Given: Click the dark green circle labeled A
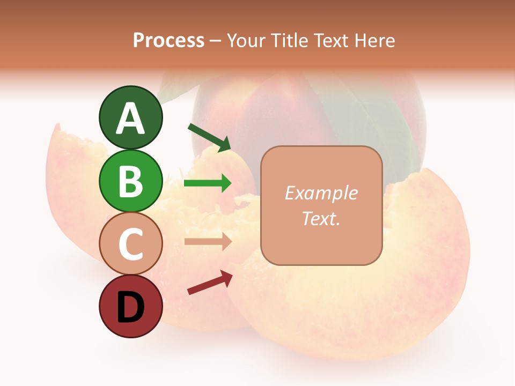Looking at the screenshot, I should pyautogui.click(x=130, y=118).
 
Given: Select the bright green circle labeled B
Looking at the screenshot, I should pyautogui.click(x=130, y=181).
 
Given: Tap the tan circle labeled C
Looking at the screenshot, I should pyautogui.click(x=130, y=243).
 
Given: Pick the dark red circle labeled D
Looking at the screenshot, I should pyautogui.click(x=130, y=306).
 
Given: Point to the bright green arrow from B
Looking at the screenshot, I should pyautogui.click(x=208, y=183).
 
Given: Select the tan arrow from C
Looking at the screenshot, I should pyautogui.click(x=208, y=242).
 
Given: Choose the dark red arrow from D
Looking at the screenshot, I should pyautogui.click(x=210, y=283).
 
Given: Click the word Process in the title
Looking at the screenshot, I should pyautogui.click(x=168, y=40).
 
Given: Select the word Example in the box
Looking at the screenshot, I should pyautogui.click(x=321, y=193).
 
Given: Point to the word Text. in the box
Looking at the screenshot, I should pyautogui.click(x=321, y=218).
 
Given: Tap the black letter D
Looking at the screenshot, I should pyautogui.click(x=130, y=307).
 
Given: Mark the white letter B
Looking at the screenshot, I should pyautogui.click(x=130, y=181).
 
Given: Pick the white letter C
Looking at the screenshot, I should pyautogui.click(x=130, y=244).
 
